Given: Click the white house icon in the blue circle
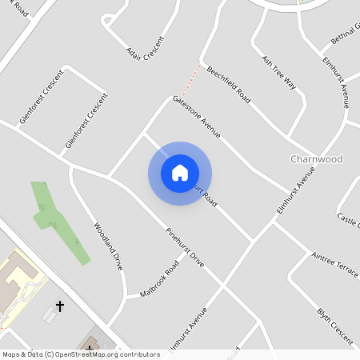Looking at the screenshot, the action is pos(180,173).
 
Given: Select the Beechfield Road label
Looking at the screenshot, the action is pos(228,85).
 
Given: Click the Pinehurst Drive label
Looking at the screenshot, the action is pos(185,247).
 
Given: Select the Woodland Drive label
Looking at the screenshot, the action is pos(107,245).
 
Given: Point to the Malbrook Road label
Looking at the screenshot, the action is pos(158,278).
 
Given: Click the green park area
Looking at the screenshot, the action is pos(56,220).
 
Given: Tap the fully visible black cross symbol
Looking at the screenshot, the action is pos(59,306).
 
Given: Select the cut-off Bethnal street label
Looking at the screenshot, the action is pos(344,34).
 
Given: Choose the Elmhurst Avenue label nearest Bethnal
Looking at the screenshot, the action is pos(336,82).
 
